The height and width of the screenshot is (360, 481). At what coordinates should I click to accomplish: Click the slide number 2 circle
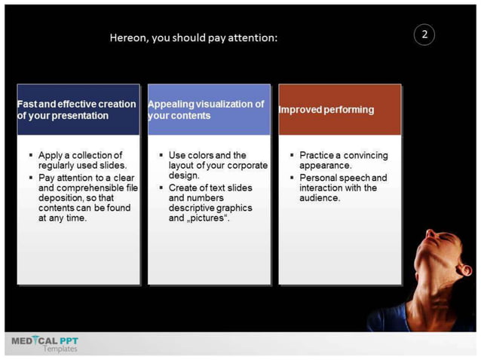point(424,35)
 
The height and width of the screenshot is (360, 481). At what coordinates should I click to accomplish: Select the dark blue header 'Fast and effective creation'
point(78,109)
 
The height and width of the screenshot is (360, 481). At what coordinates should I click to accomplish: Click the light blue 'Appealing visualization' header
point(209,109)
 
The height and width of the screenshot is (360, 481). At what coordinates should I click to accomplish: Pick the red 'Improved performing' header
point(339,109)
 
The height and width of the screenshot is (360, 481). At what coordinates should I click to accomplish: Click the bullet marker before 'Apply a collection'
point(31,154)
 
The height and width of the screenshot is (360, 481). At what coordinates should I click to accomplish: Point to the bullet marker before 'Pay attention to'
point(31,176)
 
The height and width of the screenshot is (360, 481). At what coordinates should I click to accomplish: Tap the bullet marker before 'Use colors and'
point(161,154)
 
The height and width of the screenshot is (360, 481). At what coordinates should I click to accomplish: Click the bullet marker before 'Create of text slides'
point(161,187)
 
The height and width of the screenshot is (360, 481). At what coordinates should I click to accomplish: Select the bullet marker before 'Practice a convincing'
point(292,154)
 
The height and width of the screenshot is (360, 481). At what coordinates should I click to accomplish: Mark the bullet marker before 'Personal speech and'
point(292,177)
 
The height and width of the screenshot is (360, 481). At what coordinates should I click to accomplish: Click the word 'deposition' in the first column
point(63,197)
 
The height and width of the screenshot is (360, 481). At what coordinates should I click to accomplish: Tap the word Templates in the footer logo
point(60,349)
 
